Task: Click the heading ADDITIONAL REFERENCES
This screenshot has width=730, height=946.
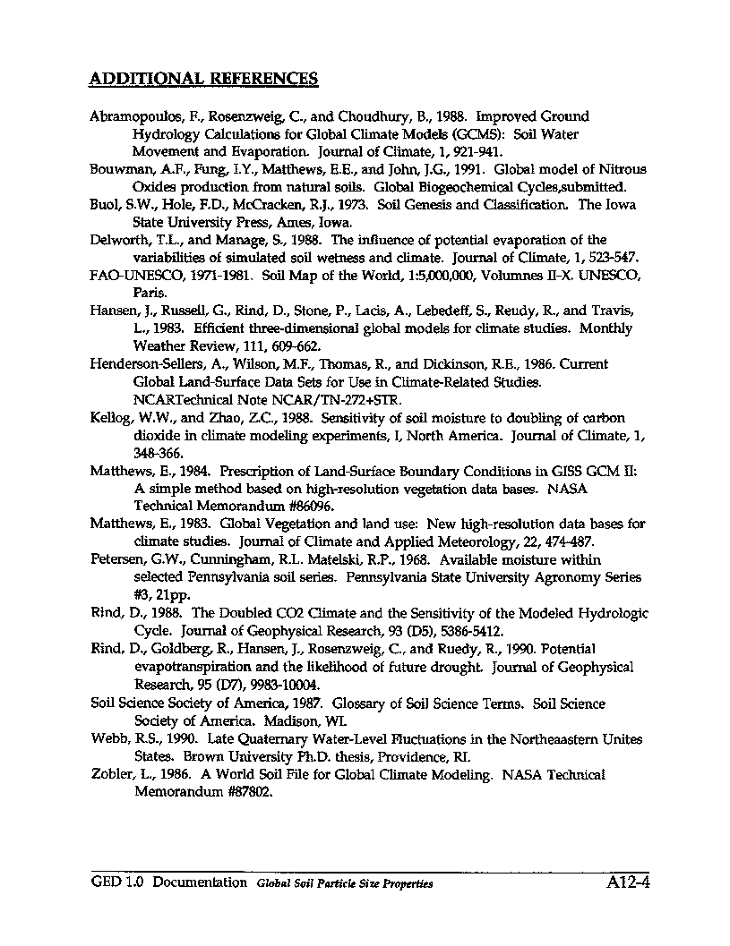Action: click(204, 78)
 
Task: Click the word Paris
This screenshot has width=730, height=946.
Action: click(147, 293)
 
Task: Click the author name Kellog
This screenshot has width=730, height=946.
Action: click(111, 418)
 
